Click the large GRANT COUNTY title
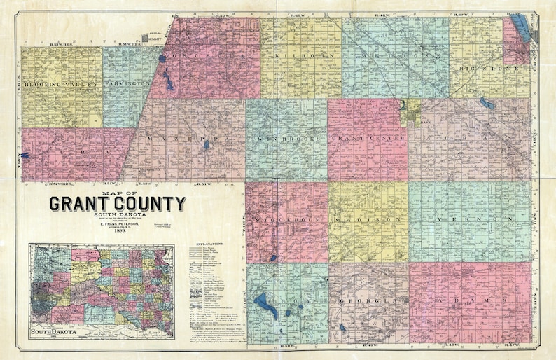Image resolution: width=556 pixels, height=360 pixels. point(117,204)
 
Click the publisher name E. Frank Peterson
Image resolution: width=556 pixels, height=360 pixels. point(117,220)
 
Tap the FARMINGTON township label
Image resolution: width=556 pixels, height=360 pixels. point(128,83)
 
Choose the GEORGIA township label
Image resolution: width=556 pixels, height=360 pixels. point(366,301)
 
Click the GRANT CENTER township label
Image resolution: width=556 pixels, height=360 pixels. point(368,138)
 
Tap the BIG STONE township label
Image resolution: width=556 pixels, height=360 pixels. point(489,69)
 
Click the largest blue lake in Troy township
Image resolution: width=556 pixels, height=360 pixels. point(265,304)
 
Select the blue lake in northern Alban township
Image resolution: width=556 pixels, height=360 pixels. point(487,104)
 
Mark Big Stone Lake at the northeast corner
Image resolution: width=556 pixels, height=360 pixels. point(521,32)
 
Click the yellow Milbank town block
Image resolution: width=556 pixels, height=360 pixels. point(411,110)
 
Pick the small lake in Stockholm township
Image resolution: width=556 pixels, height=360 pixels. point(273,258)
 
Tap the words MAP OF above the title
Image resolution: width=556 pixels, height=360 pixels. point(117,193)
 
